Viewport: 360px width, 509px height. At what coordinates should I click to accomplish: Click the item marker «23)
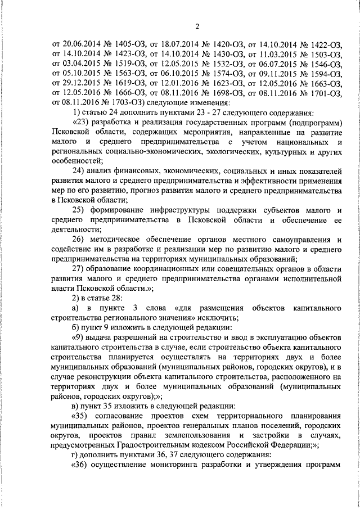click(x=81, y=123)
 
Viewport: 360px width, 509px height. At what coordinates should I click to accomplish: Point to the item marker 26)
click(x=81, y=240)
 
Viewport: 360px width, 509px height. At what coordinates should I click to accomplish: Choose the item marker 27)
click(x=81, y=269)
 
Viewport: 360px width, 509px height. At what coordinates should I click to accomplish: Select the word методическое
click(x=123, y=240)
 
